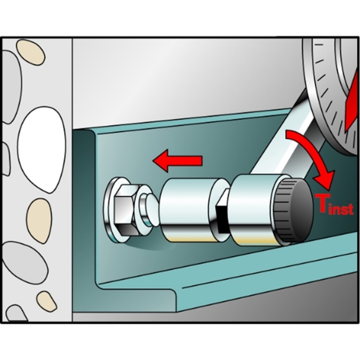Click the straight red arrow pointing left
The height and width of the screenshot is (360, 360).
177,160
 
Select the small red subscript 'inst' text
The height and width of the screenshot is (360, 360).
341,208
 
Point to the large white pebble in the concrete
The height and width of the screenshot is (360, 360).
42,149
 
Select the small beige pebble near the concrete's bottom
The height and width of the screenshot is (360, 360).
47,301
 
